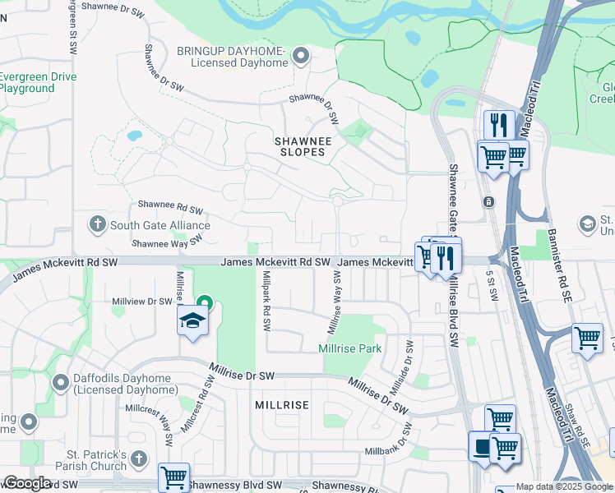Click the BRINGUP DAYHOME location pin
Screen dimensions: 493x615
(301, 56)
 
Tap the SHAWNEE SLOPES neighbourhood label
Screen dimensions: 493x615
(303, 146)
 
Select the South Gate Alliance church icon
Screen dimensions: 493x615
(97, 223)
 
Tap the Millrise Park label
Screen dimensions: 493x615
(349, 348)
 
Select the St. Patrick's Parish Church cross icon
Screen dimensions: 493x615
(138, 458)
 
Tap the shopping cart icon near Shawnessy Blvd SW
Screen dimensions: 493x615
(173, 477)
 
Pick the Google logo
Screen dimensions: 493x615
(26, 483)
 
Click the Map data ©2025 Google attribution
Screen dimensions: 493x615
(564, 486)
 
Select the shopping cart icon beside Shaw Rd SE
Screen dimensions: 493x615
(587, 337)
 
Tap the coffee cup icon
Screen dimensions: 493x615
(481, 447)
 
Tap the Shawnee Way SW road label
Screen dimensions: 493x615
(167, 242)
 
